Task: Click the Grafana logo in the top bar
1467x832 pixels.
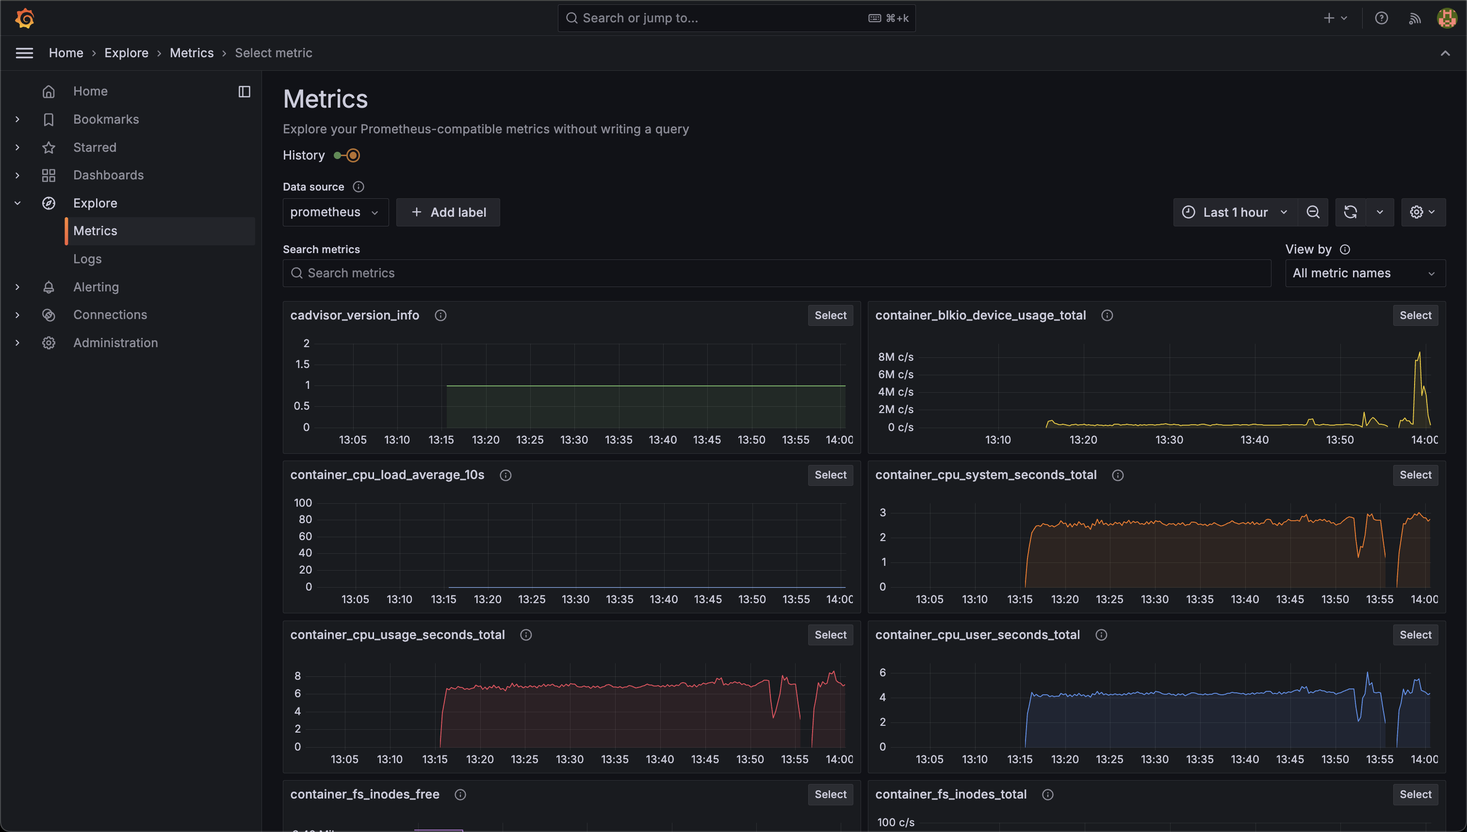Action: pos(25,18)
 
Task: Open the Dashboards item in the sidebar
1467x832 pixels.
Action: pos(108,176)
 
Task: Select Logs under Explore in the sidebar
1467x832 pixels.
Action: pos(87,259)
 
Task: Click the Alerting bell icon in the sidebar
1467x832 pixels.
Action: pos(49,287)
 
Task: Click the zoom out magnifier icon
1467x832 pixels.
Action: pos(1313,212)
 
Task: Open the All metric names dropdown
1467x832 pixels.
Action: pos(1364,273)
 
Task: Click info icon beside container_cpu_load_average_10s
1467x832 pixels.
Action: pos(505,476)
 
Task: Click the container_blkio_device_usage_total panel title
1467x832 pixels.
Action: pos(980,316)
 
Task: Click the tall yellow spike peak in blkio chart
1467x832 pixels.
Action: pos(1419,353)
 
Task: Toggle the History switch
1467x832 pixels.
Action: pos(347,156)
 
